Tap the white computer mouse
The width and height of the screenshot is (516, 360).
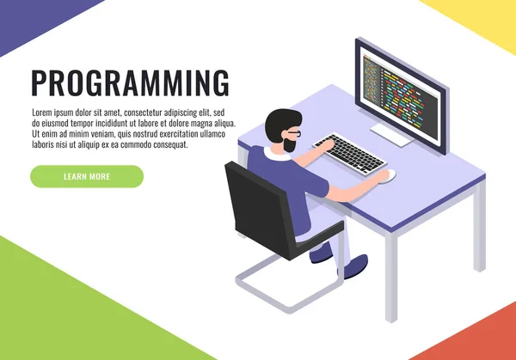(x=386, y=175)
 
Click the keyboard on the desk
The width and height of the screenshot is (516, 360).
(x=347, y=153)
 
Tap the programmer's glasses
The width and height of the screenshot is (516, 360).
(x=293, y=135)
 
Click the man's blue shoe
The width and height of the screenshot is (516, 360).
(x=320, y=254)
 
